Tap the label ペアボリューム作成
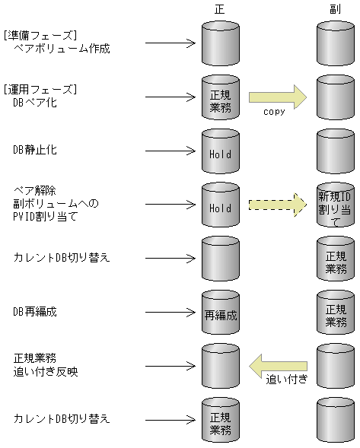coord(62,48)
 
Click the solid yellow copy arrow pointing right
coord(277,96)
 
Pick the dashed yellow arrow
coord(277,205)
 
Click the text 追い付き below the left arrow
coord(285,379)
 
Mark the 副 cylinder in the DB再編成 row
coord(335,313)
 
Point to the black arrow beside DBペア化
coord(170,97)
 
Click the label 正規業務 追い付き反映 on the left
coord(46,364)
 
